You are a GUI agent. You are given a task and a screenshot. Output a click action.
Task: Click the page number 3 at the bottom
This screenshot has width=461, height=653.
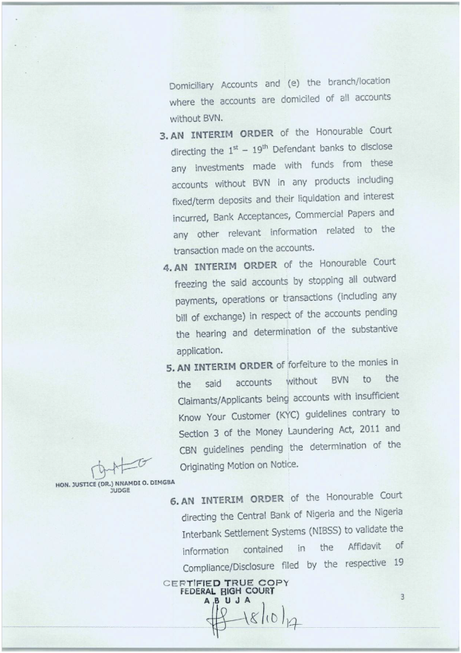[402, 599]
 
